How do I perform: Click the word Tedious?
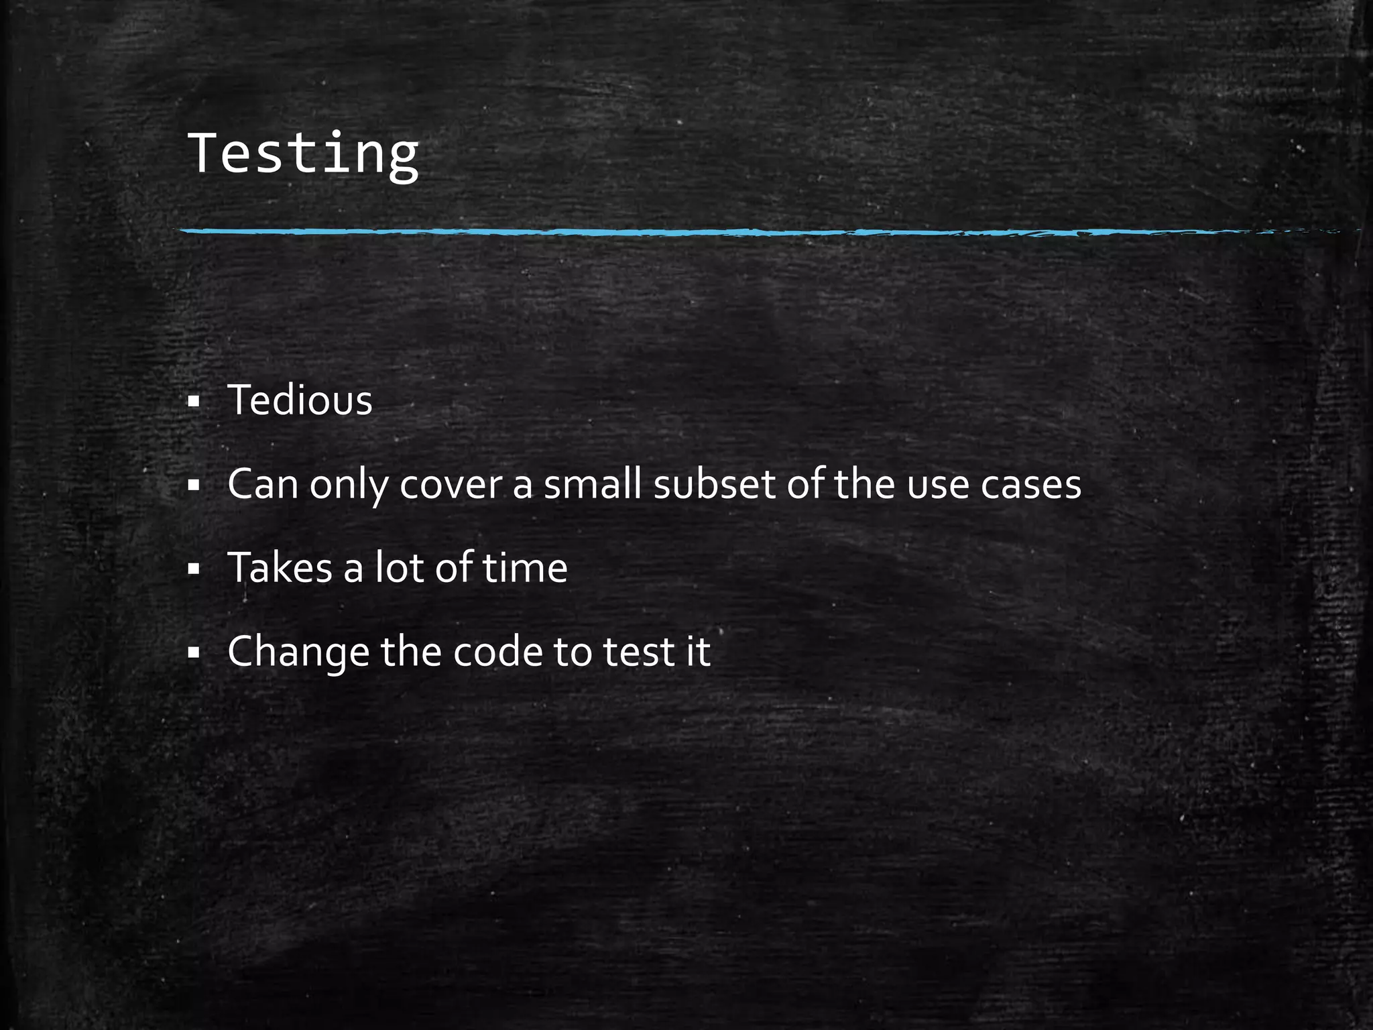300,400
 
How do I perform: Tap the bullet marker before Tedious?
194,402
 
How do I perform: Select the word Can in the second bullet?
262,484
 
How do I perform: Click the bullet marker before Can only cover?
194,485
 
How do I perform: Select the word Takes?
280,568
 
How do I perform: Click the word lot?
399,568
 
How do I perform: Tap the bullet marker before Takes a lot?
194,569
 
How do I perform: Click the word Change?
298,652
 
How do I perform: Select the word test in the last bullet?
638,652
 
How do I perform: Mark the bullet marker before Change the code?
194,653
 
